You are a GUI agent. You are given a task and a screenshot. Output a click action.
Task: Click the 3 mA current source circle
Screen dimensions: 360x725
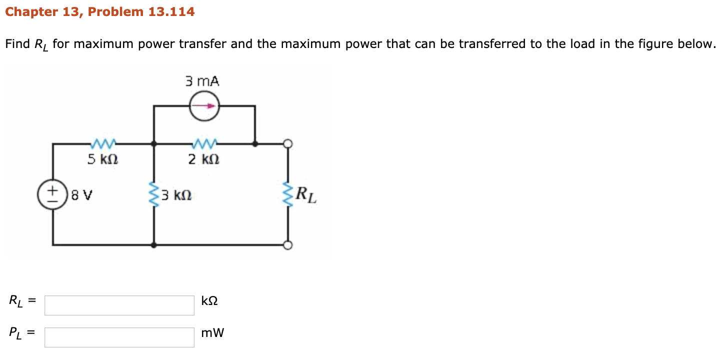[x=204, y=106]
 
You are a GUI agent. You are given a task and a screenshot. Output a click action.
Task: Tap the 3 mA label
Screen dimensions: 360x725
[x=202, y=81]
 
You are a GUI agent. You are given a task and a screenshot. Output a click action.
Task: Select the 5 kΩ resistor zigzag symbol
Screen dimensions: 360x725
[x=103, y=144]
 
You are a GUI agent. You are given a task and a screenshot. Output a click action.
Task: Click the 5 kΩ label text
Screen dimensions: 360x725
[x=102, y=160]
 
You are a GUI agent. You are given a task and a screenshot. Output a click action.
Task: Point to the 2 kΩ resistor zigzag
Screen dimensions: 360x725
[x=203, y=144]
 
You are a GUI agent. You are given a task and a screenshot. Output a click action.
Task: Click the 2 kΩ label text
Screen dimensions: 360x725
[x=203, y=160]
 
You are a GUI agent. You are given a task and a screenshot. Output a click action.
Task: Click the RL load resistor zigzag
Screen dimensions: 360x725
[x=288, y=194]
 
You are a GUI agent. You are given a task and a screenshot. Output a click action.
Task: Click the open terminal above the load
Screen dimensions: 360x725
[x=288, y=144]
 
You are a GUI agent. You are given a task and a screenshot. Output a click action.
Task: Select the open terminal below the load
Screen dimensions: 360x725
[x=288, y=245]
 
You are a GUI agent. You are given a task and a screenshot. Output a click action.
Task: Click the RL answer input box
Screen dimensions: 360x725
[x=119, y=305]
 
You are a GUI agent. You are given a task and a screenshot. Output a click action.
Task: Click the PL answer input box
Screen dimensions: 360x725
[x=119, y=337]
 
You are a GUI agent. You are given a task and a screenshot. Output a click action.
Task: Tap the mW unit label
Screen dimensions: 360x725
[x=212, y=333]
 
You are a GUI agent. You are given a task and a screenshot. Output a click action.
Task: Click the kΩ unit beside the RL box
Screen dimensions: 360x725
[x=209, y=301]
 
